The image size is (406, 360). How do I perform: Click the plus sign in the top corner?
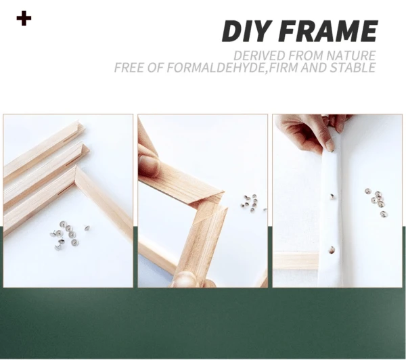tap(24, 18)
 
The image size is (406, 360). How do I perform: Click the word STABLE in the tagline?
tap(348, 68)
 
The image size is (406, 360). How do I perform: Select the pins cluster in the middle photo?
tap(251, 202)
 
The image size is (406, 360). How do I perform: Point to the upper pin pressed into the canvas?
tap(333, 196)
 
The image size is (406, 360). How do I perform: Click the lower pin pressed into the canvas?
tap(332, 250)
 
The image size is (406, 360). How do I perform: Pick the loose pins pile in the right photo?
tap(376, 201)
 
